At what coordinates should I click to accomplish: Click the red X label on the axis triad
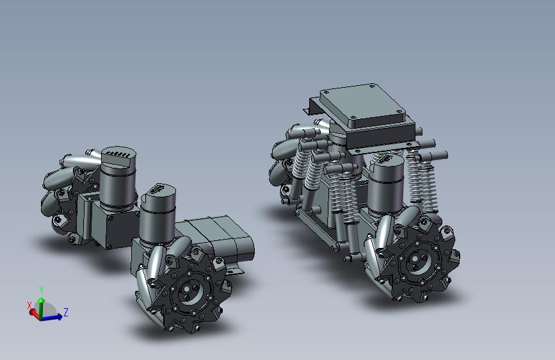29,305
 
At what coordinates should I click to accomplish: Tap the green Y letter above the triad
42,290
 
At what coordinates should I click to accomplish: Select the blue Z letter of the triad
65,312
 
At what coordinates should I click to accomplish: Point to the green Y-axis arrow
42,307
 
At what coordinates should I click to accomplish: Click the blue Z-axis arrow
52,318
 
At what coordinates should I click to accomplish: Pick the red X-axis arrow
35,313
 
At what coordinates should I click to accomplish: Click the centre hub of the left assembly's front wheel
187,289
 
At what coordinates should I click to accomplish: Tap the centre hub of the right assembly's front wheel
415,259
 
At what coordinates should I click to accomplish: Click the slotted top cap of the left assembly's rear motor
118,156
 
